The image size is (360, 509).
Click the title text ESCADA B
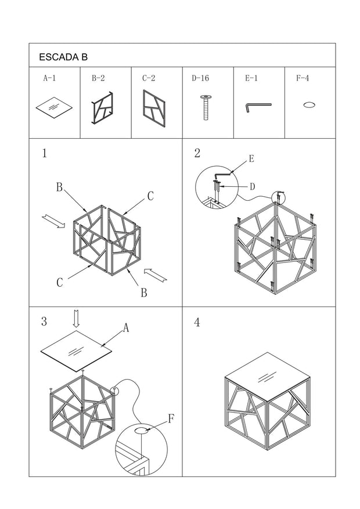pyautogui.click(x=63, y=57)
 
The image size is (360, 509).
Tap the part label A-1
pyautogui.click(x=49, y=77)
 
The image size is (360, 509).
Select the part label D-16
pyautogui.click(x=200, y=77)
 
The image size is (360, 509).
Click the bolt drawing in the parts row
pyautogui.click(x=205, y=107)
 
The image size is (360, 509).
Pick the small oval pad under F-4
pyautogui.click(x=309, y=105)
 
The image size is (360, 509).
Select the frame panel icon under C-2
pyautogui.click(x=154, y=106)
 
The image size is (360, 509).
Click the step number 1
pyautogui.click(x=44, y=154)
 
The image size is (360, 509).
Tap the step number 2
pyautogui.click(x=197, y=153)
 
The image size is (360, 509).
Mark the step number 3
pyautogui.click(x=44, y=322)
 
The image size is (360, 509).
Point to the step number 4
pyautogui.click(x=197, y=323)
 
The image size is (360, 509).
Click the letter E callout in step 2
pyautogui.click(x=251, y=158)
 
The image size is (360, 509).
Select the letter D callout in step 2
pyautogui.click(x=252, y=187)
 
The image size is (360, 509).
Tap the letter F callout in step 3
pyautogui.click(x=171, y=418)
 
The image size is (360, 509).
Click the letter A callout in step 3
pyautogui.click(x=125, y=328)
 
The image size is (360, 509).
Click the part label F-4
pyautogui.click(x=302, y=77)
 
